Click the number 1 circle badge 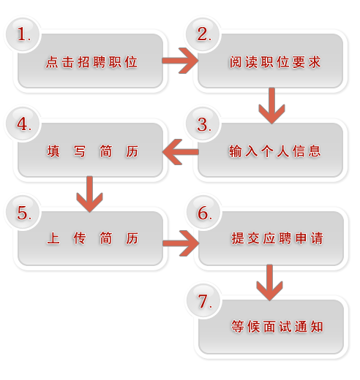[x=23, y=34]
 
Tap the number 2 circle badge [x=203, y=34]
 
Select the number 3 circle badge [x=203, y=123]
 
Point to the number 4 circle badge [x=23, y=123]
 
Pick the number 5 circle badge [x=23, y=212]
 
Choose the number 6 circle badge [x=204, y=212]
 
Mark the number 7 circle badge [x=204, y=300]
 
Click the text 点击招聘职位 [x=91, y=62]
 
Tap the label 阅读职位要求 [x=275, y=62]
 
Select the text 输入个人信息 [x=274, y=151]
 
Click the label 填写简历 [x=93, y=151]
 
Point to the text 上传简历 [x=93, y=238]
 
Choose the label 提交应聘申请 [x=277, y=238]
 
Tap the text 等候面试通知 [x=277, y=327]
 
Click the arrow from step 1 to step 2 [x=181, y=61]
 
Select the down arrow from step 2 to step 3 [x=271, y=106]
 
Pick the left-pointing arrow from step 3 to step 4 [x=181, y=152]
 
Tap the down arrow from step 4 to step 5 [x=89, y=194]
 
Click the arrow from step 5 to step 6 [x=181, y=243]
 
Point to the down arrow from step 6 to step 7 [x=269, y=283]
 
